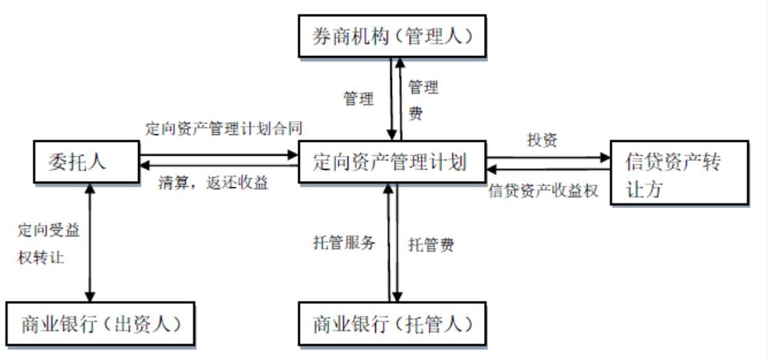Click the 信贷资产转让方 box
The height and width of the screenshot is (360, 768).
point(678,173)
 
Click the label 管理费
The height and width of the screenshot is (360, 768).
point(423,98)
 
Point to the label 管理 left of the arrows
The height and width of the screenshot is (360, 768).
point(358,98)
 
